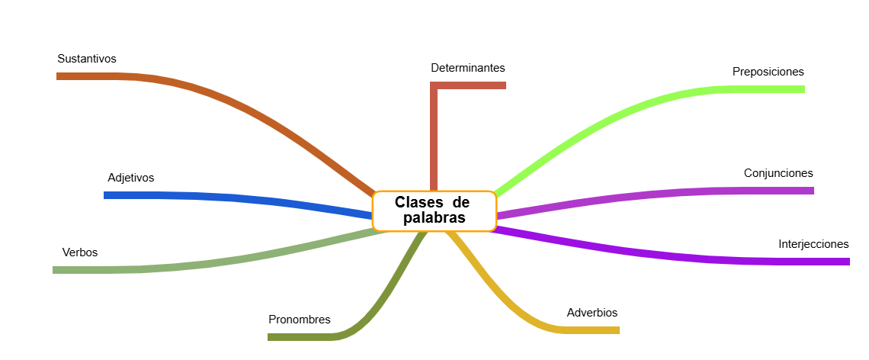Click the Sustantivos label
click(86, 59)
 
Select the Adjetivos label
click(130, 178)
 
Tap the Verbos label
click(79, 252)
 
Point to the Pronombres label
click(299, 320)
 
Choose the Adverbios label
click(592, 313)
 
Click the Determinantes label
click(467, 68)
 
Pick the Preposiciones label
click(768, 72)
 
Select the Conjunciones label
click(778, 173)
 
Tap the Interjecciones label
click(813, 245)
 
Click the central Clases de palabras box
click(434, 211)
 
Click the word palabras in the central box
click(434, 219)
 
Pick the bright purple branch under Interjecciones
click(686, 257)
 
